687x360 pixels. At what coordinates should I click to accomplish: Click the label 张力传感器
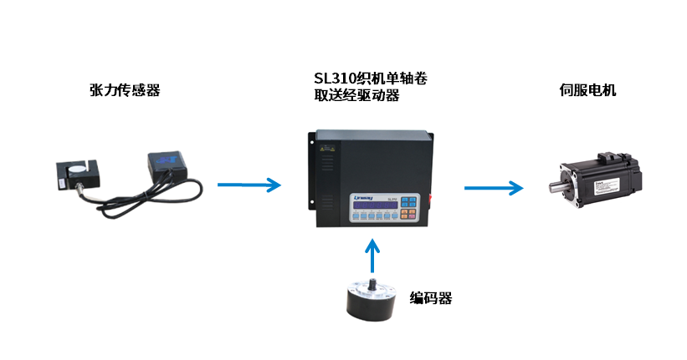[124, 89]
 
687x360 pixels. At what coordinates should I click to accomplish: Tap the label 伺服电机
[587, 89]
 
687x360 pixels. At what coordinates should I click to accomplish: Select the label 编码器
[431, 298]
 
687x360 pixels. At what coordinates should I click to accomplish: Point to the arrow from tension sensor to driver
[249, 185]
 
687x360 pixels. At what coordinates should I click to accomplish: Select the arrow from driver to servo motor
[493, 188]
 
